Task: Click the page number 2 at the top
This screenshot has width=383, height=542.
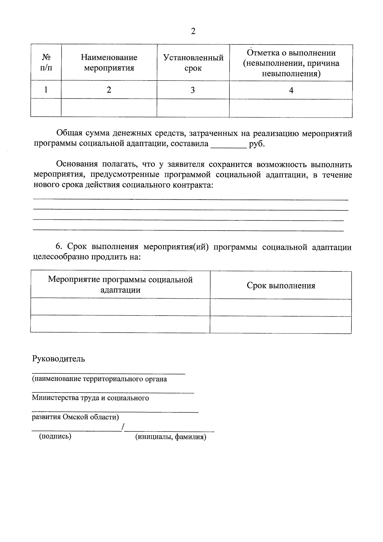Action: (193, 31)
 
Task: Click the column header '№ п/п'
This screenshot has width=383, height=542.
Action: (46, 63)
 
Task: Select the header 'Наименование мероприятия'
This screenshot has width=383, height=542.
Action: (109, 63)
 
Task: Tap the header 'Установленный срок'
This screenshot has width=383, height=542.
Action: (193, 63)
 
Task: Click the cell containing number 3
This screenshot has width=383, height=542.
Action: (193, 90)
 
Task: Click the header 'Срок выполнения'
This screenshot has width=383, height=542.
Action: (281, 286)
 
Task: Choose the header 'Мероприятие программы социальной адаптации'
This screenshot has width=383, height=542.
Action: (120, 285)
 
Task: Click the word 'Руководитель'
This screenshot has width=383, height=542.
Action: (58, 359)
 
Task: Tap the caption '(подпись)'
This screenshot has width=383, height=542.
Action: (55, 436)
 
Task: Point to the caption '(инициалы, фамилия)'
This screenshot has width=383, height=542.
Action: (171, 437)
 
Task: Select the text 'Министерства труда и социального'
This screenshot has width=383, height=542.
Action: (90, 398)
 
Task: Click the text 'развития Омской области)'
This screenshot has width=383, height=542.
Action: (75, 417)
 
